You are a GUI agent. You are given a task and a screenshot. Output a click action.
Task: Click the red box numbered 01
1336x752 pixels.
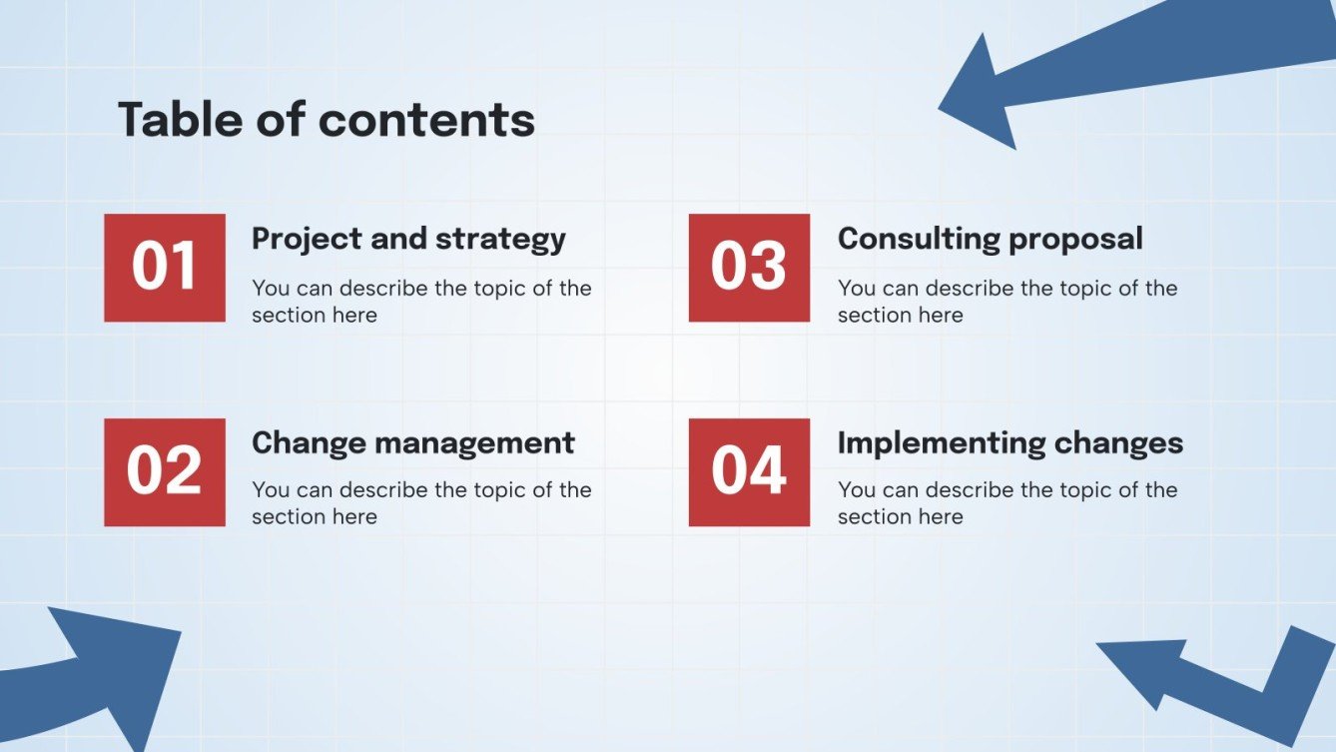pyautogui.click(x=165, y=268)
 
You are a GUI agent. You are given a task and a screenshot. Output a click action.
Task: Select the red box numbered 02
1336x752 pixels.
pyautogui.click(x=165, y=472)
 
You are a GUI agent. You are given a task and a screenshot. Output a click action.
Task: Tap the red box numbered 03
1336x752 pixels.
pyautogui.click(x=749, y=268)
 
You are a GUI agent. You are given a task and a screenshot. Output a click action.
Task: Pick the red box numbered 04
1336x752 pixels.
pyautogui.click(x=749, y=472)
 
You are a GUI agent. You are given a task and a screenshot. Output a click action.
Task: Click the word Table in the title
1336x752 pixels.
pyautogui.click(x=180, y=119)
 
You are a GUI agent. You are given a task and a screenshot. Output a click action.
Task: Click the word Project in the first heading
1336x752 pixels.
pyautogui.click(x=307, y=240)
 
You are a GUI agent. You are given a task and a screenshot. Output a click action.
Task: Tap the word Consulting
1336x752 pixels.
pyautogui.click(x=919, y=239)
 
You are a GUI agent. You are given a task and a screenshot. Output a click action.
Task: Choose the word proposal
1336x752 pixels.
pyautogui.click(x=1075, y=240)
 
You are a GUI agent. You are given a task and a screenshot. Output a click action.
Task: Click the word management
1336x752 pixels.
pyautogui.click(x=474, y=443)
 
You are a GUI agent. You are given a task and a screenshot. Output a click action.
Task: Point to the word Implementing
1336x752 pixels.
pyautogui.click(x=942, y=444)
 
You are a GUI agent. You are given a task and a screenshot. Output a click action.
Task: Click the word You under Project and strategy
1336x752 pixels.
pyautogui.click(x=271, y=289)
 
